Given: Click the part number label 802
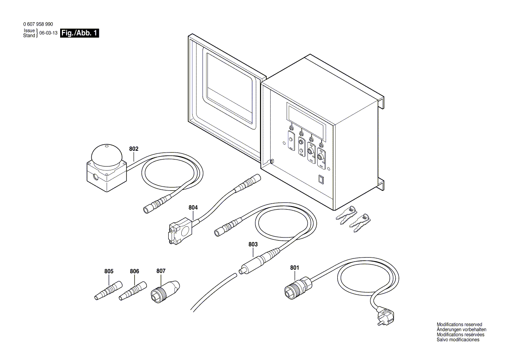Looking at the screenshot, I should pos(134,149).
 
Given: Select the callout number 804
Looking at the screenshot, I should pos(193,207).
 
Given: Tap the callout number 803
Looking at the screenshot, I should pos(253,245).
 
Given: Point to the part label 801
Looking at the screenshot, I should pos(295,267).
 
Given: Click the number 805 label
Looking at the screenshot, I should pos(109,271).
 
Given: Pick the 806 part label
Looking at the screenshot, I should pos(134,271).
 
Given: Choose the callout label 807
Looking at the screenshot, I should pos(161,271).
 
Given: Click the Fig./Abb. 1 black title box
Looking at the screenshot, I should pos(80,33).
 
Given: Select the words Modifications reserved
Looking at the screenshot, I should pos(459,325).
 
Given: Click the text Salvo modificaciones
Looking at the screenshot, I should pos(458,340).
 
